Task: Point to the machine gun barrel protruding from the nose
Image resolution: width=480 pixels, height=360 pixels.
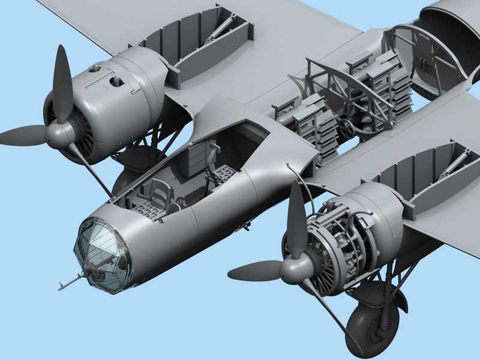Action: (71, 281)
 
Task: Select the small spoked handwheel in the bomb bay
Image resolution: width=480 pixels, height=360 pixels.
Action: (346, 127)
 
